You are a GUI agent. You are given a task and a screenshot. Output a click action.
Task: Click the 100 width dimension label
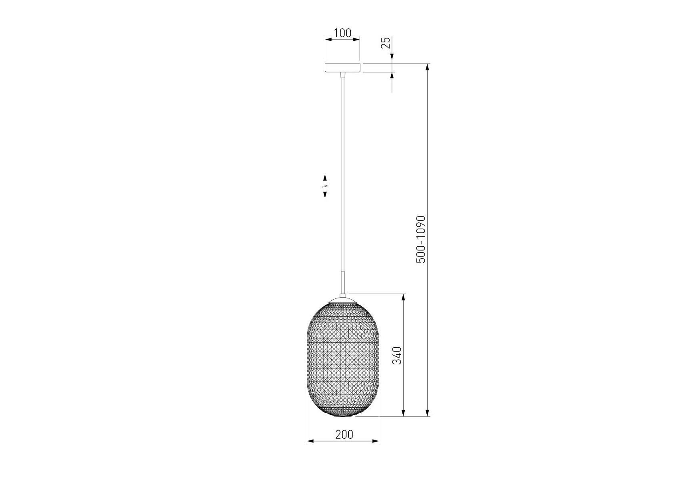pyautogui.click(x=342, y=33)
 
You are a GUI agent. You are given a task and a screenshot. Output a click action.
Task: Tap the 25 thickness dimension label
pyautogui.click(x=386, y=43)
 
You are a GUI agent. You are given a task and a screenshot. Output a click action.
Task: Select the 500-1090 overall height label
pyautogui.click(x=421, y=239)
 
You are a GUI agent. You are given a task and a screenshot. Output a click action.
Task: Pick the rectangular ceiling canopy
pyautogui.click(x=342, y=68)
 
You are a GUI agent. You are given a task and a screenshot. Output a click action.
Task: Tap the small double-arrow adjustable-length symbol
pyautogui.click(x=325, y=186)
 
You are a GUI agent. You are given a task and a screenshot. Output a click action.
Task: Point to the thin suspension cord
pyautogui.click(x=342, y=174)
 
